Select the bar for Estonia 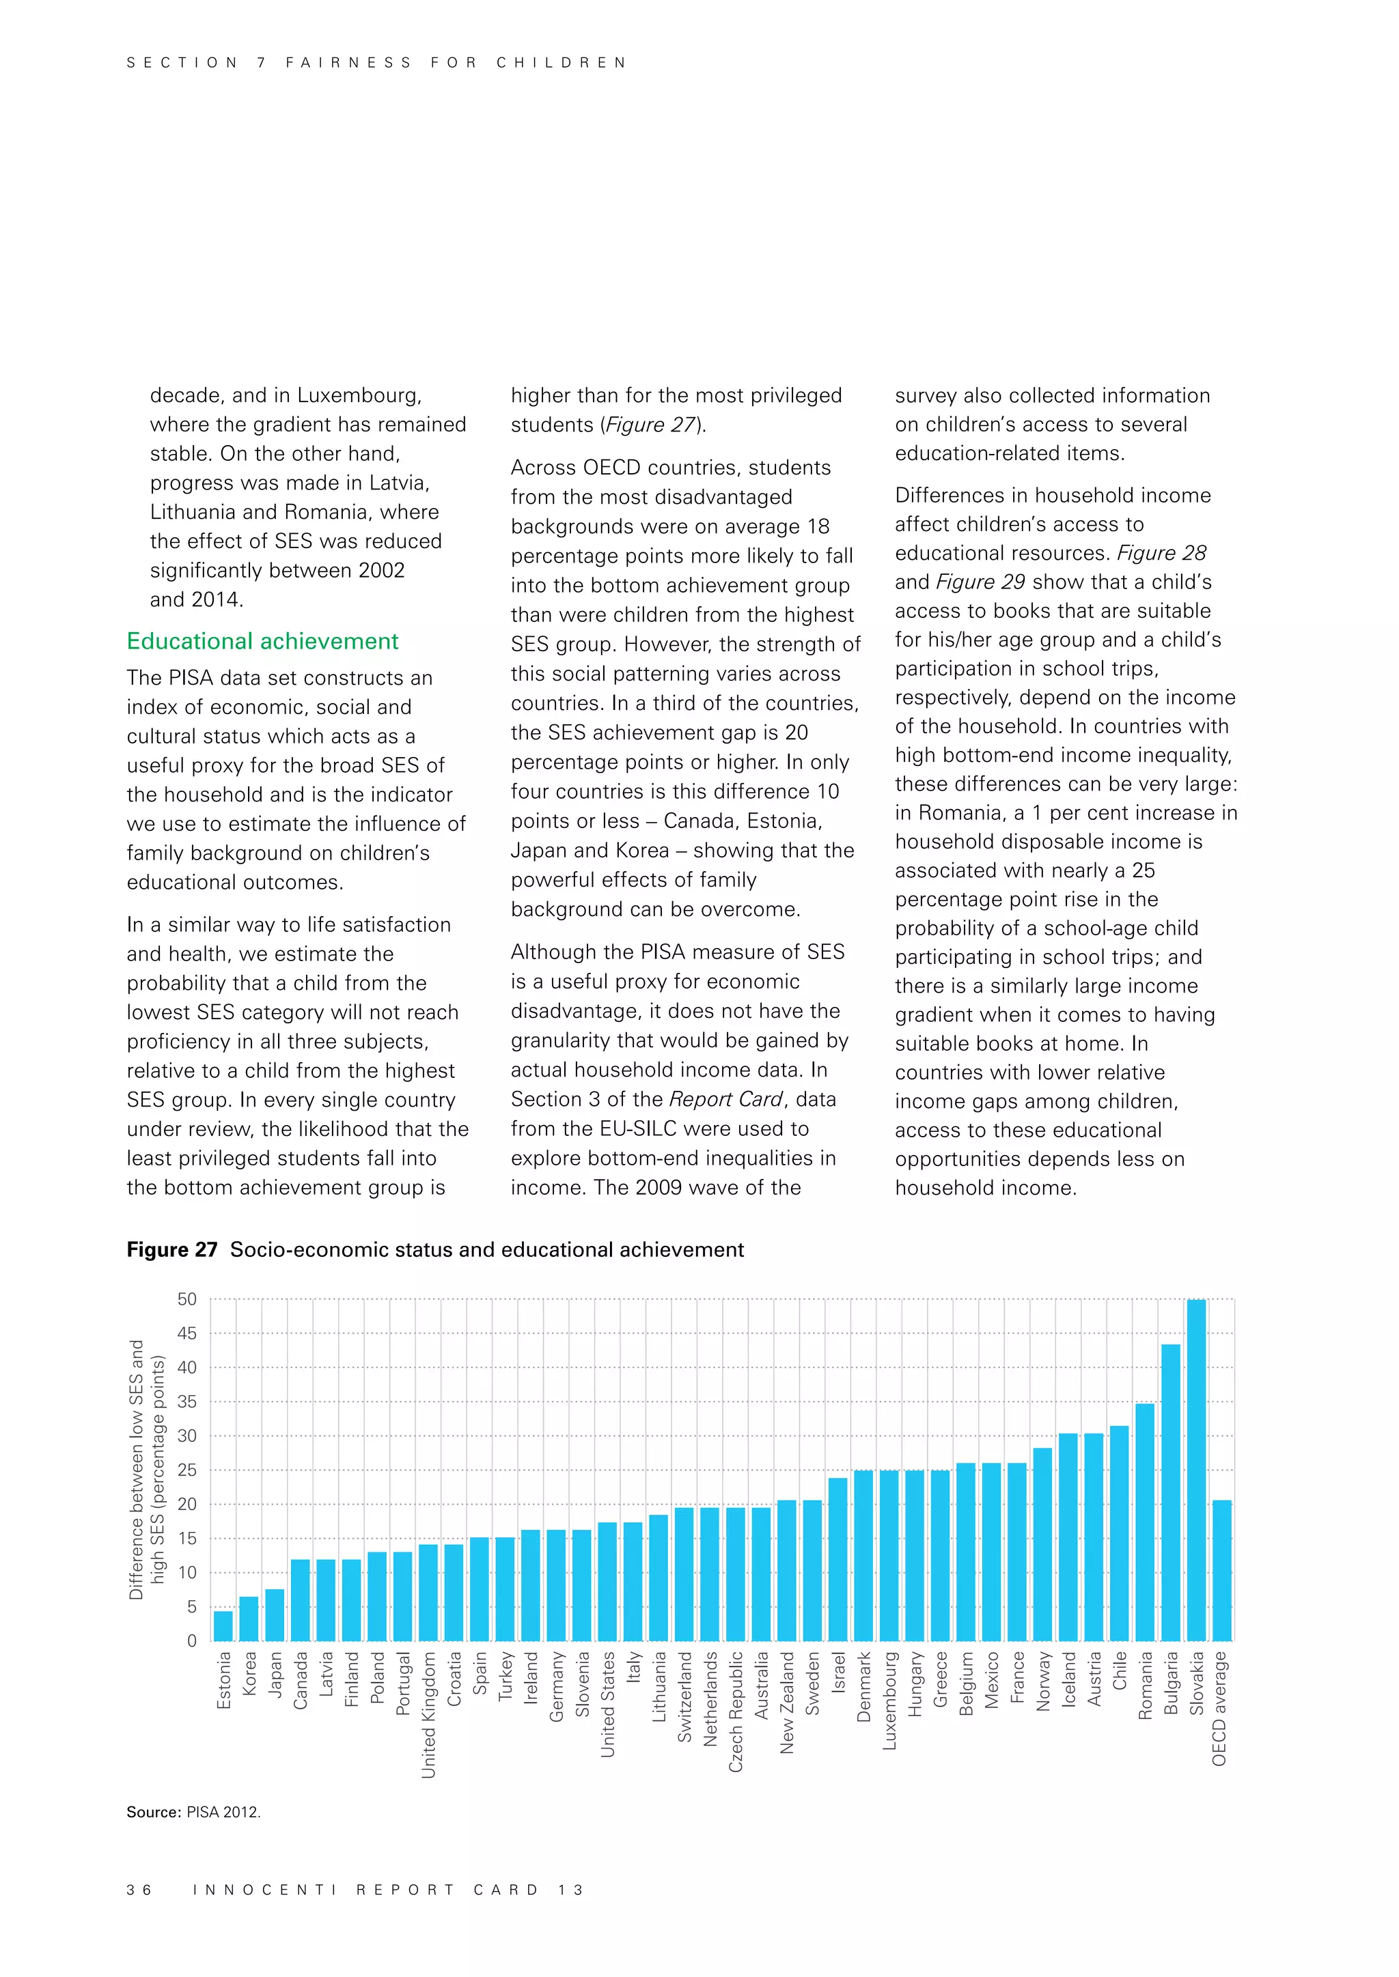point(223,1625)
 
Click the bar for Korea point(249,1618)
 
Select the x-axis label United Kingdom point(429,1713)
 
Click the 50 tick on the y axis point(187,1299)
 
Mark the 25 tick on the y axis point(187,1470)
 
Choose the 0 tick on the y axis point(191,1640)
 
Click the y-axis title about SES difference point(146,1469)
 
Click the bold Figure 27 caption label point(171,1249)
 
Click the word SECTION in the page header point(182,63)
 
